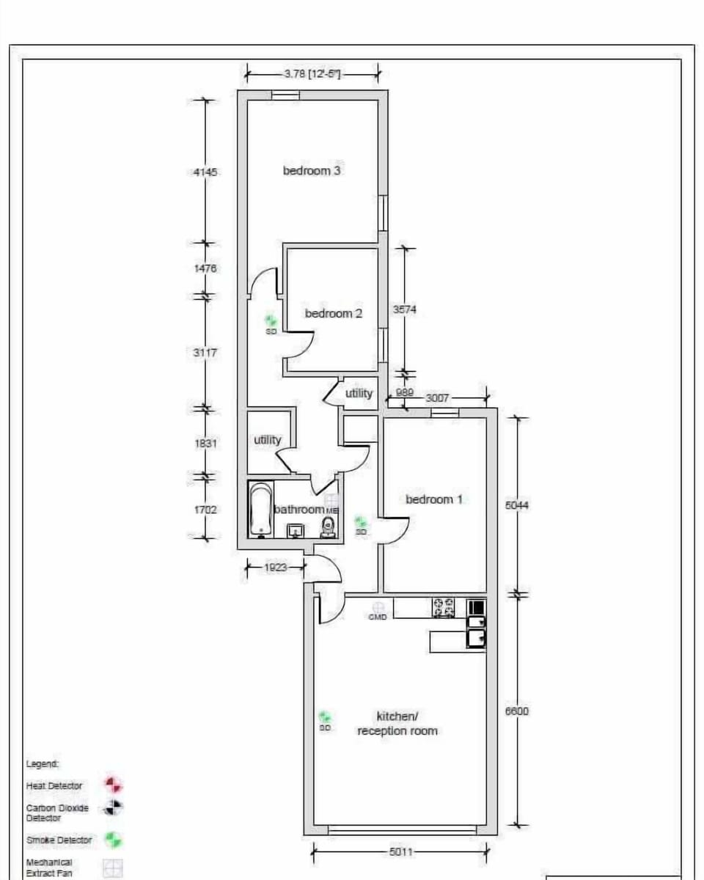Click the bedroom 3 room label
(312, 171)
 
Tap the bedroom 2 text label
(334, 314)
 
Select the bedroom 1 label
(434, 499)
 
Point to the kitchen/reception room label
(397, 724)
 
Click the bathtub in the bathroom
(260, 510)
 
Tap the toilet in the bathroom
(329, 526)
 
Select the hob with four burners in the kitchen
(443, 607)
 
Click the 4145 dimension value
(205, 172)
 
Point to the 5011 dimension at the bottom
(400, 852)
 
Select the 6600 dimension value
(517, 711)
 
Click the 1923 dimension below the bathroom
(275, 567)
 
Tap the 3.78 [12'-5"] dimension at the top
(312, 73)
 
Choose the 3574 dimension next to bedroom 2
(404, 310)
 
